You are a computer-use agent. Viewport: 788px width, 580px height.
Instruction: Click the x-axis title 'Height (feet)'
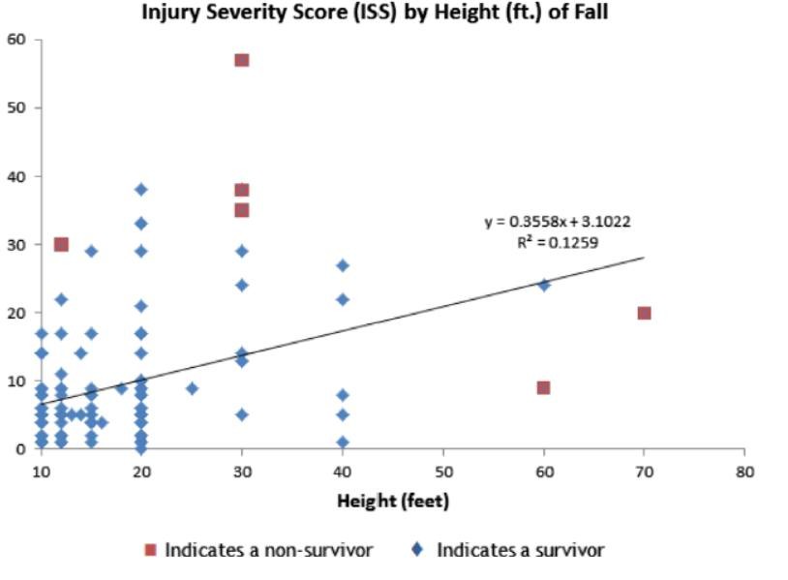(393, 501)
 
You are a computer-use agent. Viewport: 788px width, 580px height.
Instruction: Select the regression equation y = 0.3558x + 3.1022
(558, 222)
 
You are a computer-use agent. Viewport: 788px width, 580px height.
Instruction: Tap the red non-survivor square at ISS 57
(242, 60)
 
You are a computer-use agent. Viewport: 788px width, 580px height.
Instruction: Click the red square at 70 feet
(644, 313)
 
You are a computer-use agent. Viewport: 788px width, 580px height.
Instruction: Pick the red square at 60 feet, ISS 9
(543, 387)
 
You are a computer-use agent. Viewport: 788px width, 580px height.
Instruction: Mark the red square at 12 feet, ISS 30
(61, 244)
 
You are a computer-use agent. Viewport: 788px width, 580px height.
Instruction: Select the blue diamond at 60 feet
(544, 285)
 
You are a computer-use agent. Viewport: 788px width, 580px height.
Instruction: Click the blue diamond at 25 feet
(192, 388)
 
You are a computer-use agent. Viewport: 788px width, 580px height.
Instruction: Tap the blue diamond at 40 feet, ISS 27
(343, 264)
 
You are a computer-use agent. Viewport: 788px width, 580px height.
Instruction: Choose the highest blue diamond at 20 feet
(141, 189)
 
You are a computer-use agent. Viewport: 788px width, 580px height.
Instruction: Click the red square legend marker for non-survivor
(150, 550)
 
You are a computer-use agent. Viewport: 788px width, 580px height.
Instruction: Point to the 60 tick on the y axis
(17, 40)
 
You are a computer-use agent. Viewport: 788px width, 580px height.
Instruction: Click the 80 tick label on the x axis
(743, 470)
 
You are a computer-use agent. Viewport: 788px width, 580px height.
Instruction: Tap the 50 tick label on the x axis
(442, 470)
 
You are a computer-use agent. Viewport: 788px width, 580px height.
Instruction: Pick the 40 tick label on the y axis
(17, 176)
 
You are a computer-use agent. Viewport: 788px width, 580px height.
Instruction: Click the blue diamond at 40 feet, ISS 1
(343, 443)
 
